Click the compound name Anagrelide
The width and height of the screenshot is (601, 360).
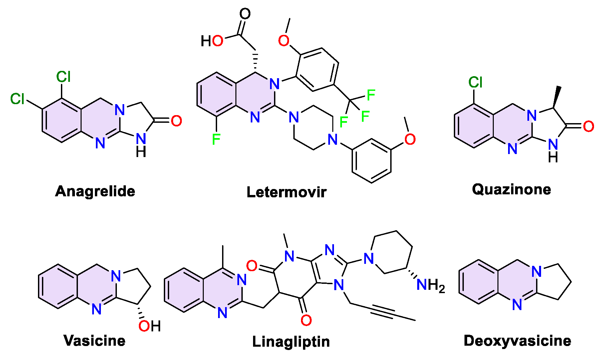pos(95,191)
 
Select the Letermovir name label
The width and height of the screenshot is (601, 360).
pos(286,192)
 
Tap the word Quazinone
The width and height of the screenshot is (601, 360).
pos(511,189)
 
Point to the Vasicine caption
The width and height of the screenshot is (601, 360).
pos(95,341)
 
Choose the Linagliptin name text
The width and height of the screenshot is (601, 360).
pos(291,342)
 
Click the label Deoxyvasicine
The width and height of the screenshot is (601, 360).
pos(517,341)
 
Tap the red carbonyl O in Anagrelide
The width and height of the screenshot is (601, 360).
pos(176,121)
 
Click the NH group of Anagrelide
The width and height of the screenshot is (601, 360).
pos(141,144)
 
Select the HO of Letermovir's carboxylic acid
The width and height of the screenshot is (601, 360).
pos(212,41)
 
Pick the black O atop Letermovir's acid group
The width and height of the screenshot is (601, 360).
pos(245,14)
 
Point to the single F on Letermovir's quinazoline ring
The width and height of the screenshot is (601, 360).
pos(216,139)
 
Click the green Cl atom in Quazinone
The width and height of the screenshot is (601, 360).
pos(475,82)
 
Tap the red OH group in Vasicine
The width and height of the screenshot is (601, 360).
pos(150,326)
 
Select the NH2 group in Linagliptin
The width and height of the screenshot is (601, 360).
pos(431,285)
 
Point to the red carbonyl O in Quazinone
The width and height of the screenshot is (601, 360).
pos(589,126)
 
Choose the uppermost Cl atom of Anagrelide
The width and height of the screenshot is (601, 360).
pos(63,77)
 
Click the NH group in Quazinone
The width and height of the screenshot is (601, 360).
pos(553,150)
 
